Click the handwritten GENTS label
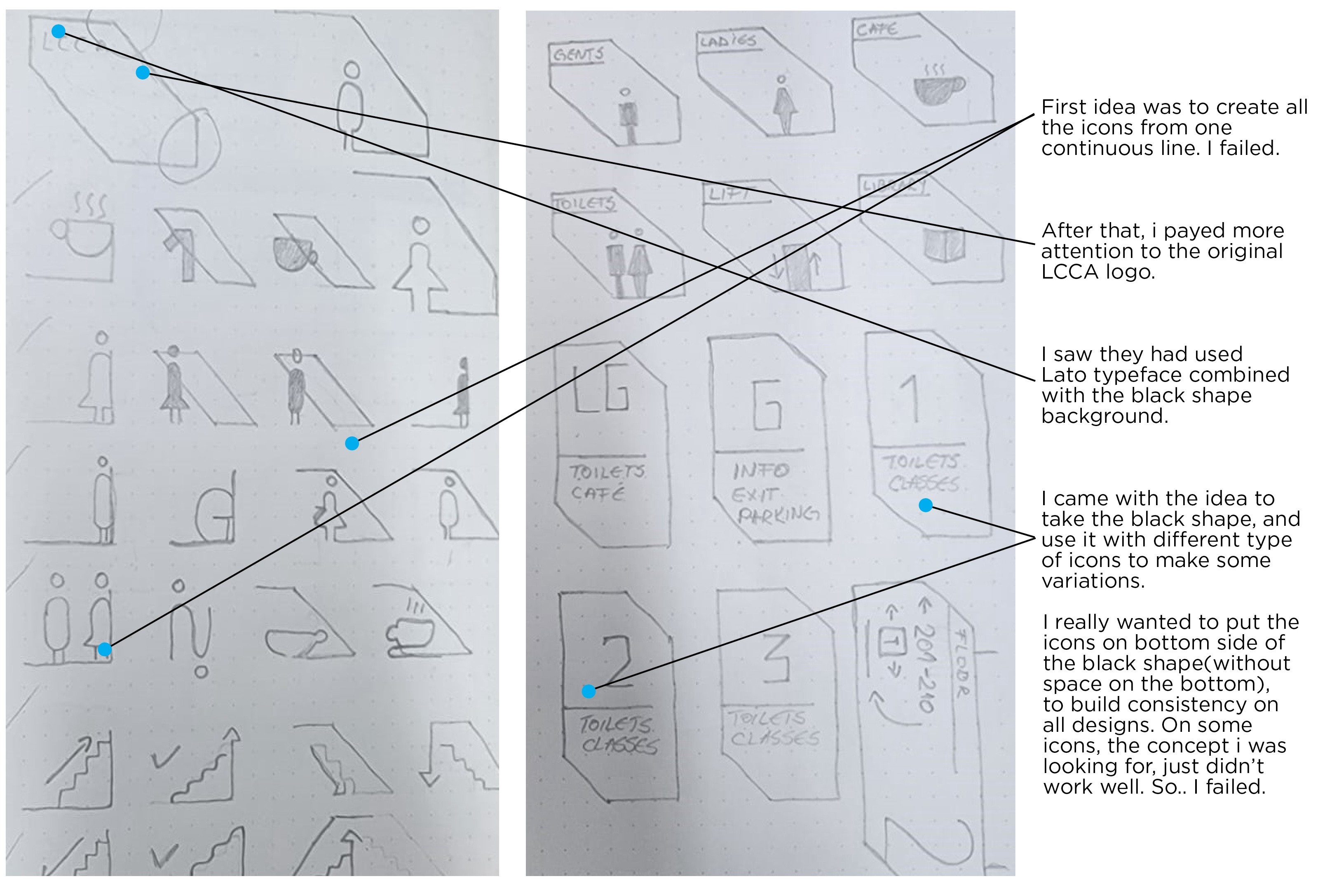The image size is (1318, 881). point(579,54)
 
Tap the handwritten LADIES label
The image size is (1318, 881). point(728,40)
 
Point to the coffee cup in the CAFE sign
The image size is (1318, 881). point(938,89)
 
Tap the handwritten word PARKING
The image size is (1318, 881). point(778,514)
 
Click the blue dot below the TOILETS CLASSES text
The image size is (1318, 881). point(925,505)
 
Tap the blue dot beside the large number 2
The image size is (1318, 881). point(588,691)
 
